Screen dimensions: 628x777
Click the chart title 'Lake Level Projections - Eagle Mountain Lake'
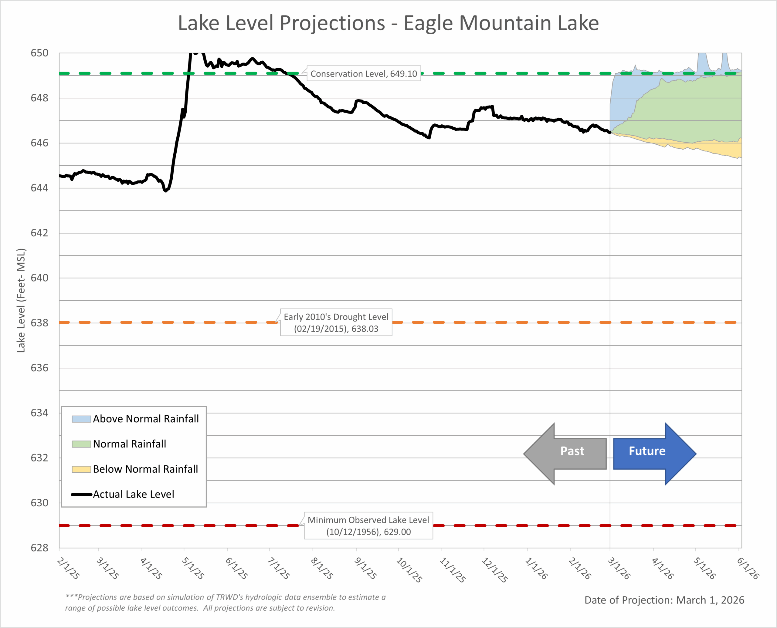388,23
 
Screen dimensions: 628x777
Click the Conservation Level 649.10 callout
363,74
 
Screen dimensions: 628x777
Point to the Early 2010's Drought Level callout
336,322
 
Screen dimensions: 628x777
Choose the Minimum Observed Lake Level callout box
368,526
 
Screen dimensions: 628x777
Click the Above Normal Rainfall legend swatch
81,419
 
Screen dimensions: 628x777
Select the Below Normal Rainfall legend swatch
81,469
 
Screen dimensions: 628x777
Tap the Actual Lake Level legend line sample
81,494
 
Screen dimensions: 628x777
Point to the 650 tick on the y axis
39,53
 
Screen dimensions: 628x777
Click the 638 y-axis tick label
39,323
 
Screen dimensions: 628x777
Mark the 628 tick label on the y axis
39,548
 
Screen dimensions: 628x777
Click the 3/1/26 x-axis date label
619,568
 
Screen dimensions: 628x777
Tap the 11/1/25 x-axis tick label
452,570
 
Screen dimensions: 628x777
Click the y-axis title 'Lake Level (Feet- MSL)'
21,300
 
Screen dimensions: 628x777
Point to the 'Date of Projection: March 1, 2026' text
664,600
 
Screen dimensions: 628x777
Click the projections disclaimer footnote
225,602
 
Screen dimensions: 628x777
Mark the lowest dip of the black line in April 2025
166,190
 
